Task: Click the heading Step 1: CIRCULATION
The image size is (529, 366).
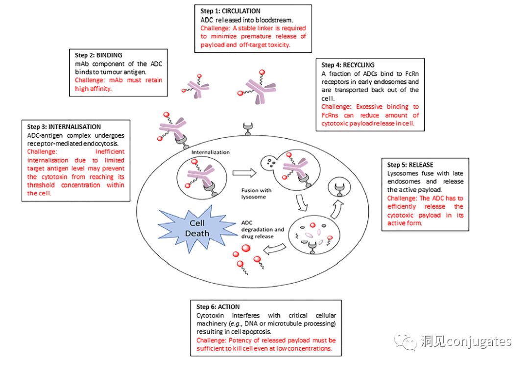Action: pos(230,11)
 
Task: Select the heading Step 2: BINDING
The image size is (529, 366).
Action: pos(96,55)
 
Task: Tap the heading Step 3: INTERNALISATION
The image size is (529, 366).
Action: pos(64,126)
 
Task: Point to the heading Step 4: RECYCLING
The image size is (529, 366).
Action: pos(348,65)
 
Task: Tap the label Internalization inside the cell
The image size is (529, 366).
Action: pos(210,152)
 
